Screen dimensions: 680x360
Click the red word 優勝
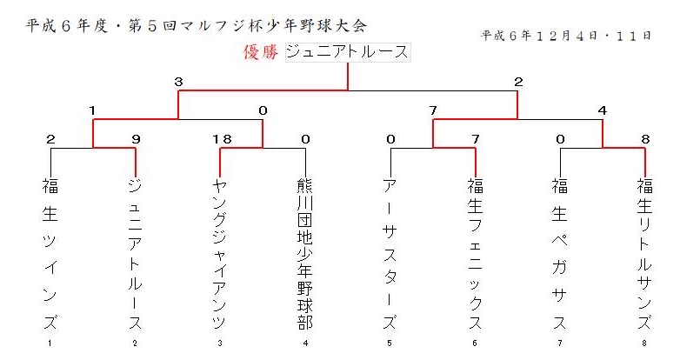coord(261,52)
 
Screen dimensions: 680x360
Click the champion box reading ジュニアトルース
coord(348,52)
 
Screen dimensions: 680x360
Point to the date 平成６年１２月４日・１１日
coord(566,36)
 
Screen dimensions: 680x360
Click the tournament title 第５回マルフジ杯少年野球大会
coord(248,26)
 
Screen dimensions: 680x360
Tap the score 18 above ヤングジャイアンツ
coord(222,139)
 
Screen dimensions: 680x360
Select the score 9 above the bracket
coord(136,139)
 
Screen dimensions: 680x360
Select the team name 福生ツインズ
coord(50,254)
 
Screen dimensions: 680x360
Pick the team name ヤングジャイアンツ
coord(220,254)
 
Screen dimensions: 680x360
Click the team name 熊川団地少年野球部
coord(305,254)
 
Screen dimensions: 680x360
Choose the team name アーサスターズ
coord(390,254)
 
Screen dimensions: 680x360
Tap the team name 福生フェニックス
coord(476,254)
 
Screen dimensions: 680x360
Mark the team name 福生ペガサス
coord(560,254)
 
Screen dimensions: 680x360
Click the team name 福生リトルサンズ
coord(645,254)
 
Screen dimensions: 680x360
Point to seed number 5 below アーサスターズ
coord(390,343)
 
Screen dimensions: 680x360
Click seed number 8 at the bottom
coord(644,343)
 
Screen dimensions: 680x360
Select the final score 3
coord(178,82)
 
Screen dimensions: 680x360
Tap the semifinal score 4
coord(603,110)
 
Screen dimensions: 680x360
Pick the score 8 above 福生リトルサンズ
coord(645,139)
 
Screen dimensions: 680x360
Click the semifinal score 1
coord(92,110)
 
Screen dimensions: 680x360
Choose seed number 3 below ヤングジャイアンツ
coord(220,343)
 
